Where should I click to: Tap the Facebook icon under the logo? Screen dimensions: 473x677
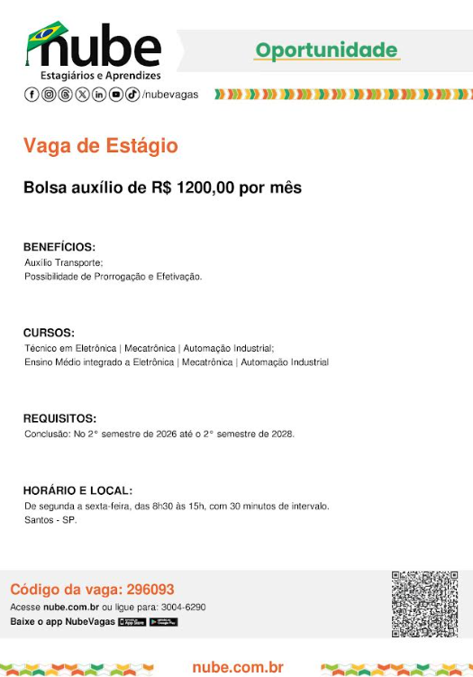click(32, 95)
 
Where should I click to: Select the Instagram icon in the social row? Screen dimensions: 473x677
click(49, 95)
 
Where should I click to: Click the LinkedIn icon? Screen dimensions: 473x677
click(99, 95)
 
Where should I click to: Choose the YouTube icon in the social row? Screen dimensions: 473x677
click(116, 95)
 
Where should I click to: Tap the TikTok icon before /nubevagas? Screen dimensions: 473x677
click(132, 95)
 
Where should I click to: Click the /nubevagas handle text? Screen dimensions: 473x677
click(170, 95)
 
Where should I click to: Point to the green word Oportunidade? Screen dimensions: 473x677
click(325, 50)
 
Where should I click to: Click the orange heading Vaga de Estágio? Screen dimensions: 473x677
click(100, 146)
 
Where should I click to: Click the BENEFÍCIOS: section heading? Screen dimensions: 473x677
click(59, 247)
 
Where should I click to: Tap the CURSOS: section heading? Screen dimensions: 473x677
click(49, 333)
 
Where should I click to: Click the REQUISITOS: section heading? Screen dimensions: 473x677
click(59, 418)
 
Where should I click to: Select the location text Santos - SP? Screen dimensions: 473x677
click(50, 520)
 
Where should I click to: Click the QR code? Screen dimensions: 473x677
click(424, 603)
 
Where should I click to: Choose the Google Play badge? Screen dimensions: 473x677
click(163, 622)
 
